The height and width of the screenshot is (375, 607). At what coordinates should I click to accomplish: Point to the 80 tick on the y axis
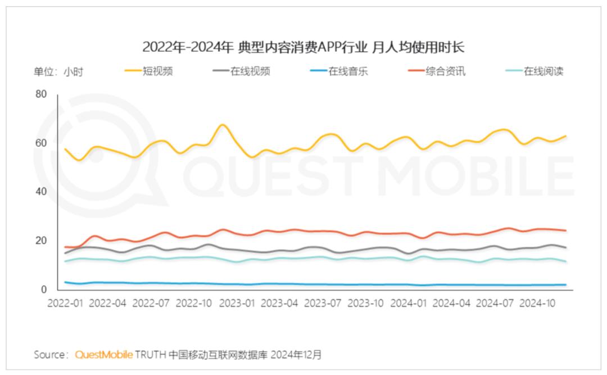[40, 94]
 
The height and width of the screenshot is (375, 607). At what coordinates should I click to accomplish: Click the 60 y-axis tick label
[40, 143]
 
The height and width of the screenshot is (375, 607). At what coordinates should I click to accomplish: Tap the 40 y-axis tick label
[40, 192]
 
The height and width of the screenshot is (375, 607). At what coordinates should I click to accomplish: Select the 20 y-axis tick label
[40, 241]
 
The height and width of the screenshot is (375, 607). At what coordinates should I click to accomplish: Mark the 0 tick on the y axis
[43, 290]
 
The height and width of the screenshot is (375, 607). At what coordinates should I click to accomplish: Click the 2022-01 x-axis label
[66, 302]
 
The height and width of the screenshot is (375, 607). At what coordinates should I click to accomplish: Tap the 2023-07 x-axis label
[323, 302]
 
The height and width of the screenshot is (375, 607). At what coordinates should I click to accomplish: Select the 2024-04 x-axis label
[451, 302]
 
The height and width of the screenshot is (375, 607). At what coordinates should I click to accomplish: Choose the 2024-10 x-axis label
[537, 302]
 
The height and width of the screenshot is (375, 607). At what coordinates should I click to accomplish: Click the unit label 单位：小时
[58, 71]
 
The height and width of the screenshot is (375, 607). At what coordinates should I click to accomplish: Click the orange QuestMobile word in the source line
[104, 355]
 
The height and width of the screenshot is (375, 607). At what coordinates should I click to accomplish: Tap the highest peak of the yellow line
[223, 125]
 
